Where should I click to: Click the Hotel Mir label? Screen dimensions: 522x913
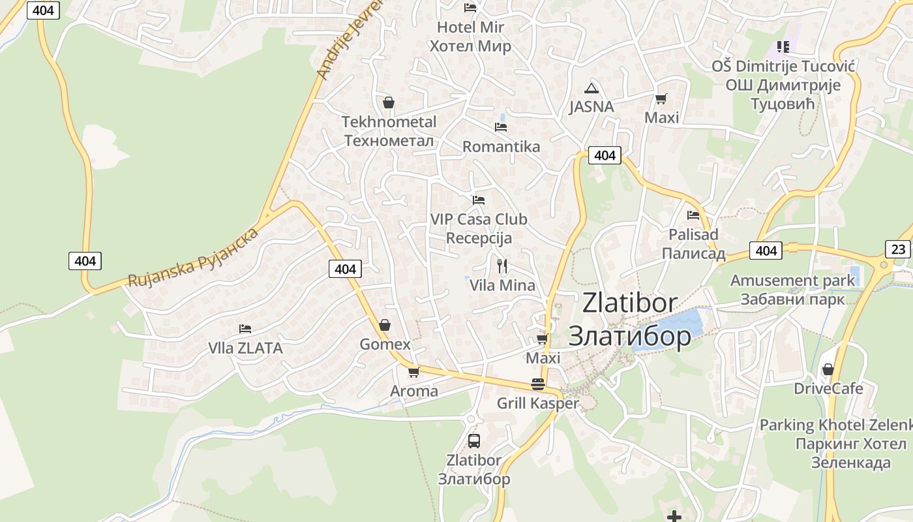(470, 37)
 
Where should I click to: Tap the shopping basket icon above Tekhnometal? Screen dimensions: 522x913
(389, 102)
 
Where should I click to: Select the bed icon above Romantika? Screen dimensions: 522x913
(501, 127)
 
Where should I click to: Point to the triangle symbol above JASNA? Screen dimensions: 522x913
(591, 88)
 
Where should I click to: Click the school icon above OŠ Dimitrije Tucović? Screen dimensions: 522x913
(783, 46)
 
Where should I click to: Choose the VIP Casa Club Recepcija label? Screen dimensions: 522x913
(479, 228)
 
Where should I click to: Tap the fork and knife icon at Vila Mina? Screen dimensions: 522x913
(502, 266)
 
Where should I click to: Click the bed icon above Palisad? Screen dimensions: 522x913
(693, 215)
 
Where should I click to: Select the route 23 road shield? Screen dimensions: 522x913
(898, 249)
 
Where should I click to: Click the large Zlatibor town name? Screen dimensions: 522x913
(630, 320)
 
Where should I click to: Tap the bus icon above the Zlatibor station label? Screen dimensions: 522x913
(474, 440)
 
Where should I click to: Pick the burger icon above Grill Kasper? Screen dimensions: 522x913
(538, 384)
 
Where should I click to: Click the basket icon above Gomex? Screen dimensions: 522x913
(385, 324)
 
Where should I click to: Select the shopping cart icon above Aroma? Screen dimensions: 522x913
(413, 373)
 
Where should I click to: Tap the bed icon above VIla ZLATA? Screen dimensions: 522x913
(245, 328)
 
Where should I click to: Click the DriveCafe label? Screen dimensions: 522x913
(828, 389)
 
